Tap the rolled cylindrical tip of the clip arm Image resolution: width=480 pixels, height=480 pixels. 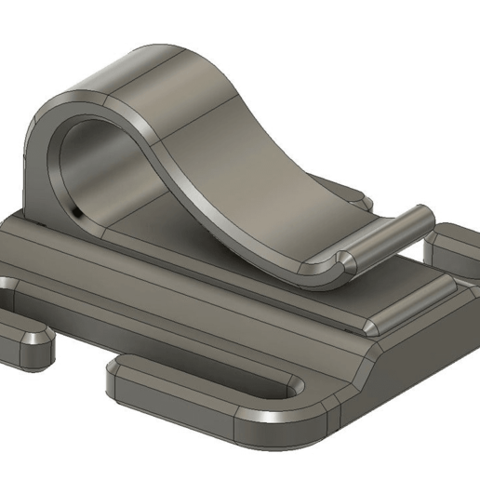click(x=391, y=237)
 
